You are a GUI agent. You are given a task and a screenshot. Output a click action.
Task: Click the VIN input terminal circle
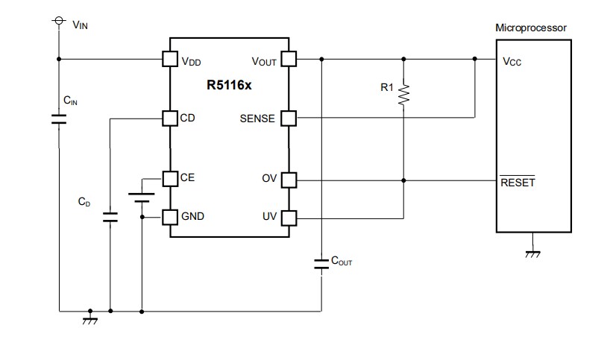click(x=58, y=23)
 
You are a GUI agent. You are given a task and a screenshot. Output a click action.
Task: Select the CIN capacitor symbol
click(x=58, y=119)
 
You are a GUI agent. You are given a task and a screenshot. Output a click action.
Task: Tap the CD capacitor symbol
click(x=110, y=218)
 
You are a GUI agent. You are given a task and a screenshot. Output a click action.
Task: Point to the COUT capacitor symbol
click(x=321, y=263)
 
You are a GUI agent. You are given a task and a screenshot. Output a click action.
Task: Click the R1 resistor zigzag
click(x=403, y=94)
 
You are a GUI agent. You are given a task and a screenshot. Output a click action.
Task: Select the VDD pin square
click(x=170, y=59)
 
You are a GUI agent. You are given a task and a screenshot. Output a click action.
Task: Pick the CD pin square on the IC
click(x=170, y=118)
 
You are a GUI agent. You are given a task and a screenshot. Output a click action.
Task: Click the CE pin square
click(x=170, y=178)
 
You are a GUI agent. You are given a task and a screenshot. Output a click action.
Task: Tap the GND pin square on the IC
click(x=170, y=217)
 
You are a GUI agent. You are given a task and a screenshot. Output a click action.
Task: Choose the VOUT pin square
click(x=289, y=59)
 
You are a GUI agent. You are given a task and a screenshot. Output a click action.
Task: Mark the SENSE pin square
click(x=289, y=118)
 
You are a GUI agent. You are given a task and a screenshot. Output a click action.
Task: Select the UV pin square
click(x=289, y=218)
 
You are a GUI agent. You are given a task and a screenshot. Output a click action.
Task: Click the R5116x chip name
click(x=229, y=85)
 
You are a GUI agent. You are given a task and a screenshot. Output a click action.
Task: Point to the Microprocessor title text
click(x=531, y=28)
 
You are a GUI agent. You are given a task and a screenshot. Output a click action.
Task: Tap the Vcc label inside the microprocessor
click(x=513, y=63)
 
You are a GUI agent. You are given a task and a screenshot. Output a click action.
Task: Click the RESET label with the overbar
click(x=518, y=183)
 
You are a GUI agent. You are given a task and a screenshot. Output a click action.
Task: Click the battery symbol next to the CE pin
click(x=141, y=197)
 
